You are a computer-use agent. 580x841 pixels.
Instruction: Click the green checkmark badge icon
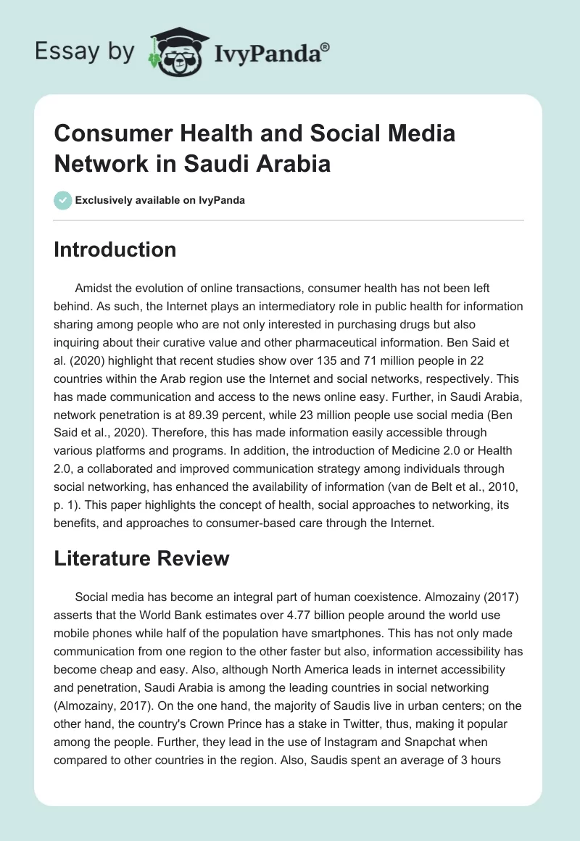coord(63,200)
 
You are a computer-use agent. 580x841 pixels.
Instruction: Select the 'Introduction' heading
coord(115,249)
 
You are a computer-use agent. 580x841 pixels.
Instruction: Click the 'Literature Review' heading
coord(142,558)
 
